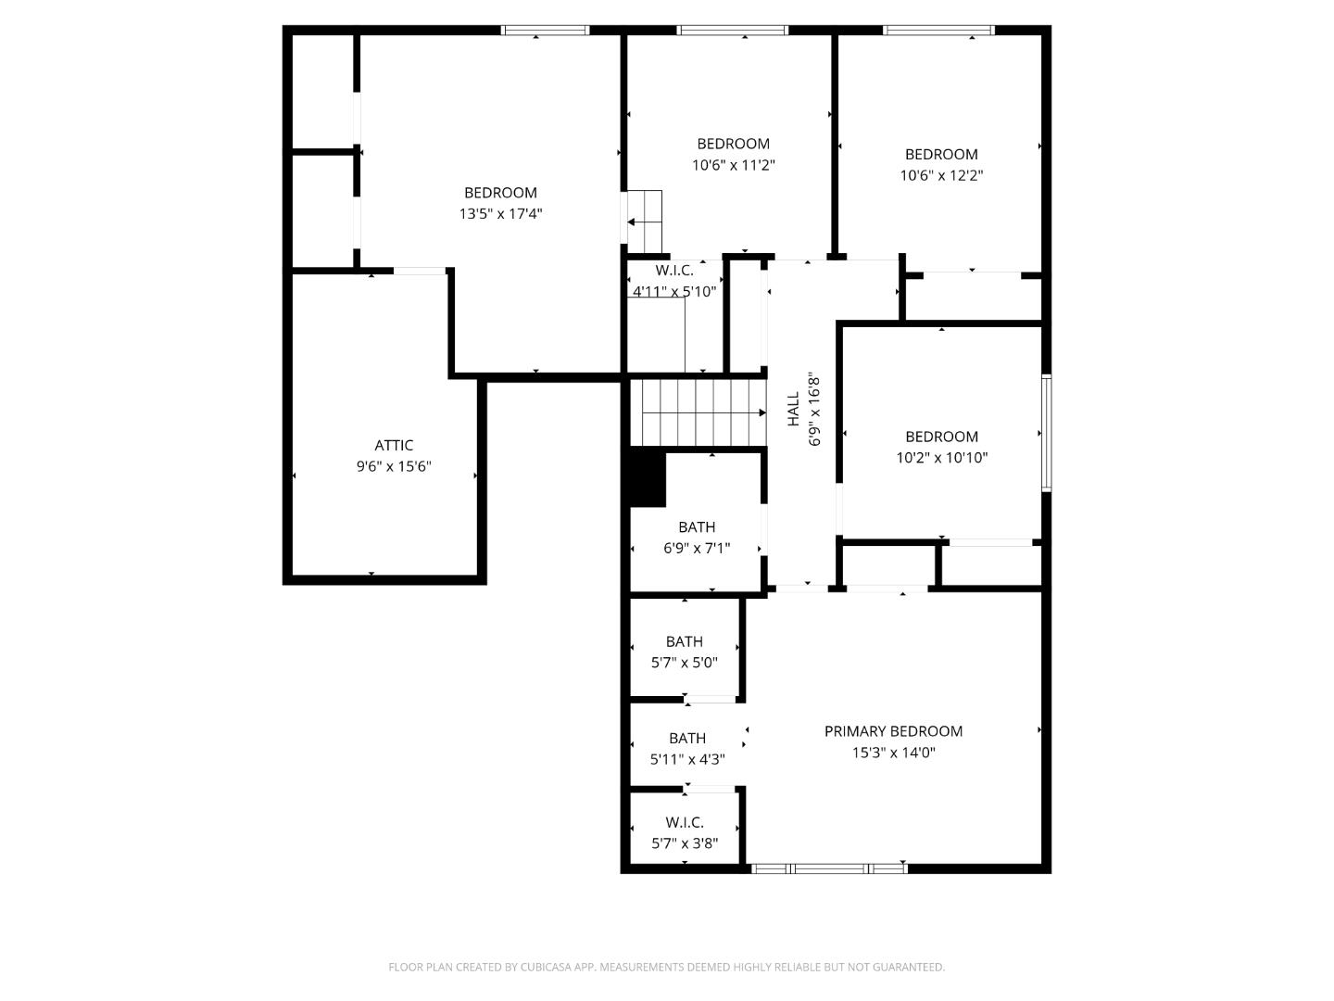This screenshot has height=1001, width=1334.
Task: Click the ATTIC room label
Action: click(x=394, y=446)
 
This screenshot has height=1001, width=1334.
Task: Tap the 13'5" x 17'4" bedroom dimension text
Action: click(x=500, y=214)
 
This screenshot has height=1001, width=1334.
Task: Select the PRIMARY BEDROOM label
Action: click(x=893, y=731)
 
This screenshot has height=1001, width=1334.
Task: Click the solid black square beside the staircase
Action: click(x=648, y=477)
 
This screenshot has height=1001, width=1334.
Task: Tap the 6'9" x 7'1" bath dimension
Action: click(x=697, y=548)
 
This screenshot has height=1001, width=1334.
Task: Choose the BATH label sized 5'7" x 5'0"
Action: click(x=684, y=641)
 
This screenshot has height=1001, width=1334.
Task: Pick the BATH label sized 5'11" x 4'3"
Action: click(x=686, y=739)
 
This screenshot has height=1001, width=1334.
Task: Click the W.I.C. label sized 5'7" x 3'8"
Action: click(x=684, y=822)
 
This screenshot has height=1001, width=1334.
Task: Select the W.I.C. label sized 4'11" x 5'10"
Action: click(x=673, y=271)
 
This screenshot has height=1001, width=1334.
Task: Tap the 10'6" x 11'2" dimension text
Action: click(x=733, y=165)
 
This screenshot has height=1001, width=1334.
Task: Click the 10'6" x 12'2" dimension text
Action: click(x=941, y=175)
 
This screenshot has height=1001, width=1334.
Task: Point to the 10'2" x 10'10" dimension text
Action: click(x=941, y=458)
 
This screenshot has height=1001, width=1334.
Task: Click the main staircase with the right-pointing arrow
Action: click(x=699, y=413)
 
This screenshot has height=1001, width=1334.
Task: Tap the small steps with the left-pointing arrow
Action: click(x=646, y=222)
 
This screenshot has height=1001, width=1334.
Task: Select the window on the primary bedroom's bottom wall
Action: click(x=828, y=868)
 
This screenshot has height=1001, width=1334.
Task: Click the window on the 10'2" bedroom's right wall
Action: click(x=1046, y=432)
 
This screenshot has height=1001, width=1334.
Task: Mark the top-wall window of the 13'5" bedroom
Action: click(x=545, y=31)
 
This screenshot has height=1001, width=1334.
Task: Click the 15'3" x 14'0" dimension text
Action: click(x=893, y=753)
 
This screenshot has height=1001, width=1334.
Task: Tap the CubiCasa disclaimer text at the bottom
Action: click(x=666, y=967)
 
